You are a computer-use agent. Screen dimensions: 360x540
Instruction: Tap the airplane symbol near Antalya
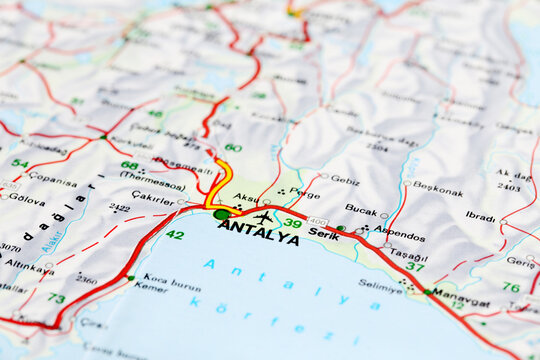[263, 217]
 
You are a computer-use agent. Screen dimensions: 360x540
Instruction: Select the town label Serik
[323, 233]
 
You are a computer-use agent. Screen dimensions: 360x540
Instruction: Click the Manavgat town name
[461, 301]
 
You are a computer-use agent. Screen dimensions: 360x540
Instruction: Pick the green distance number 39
[292, 223]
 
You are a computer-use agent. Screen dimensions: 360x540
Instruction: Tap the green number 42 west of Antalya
[175, 234]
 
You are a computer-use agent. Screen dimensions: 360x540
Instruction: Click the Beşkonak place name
[438, 188]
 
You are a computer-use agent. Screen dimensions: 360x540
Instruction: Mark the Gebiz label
[344, 181]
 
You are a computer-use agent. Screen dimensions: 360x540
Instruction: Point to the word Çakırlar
[152, 198]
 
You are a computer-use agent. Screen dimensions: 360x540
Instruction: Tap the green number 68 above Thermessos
[130, 165]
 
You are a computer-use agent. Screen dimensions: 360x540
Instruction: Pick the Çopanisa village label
[52, 182]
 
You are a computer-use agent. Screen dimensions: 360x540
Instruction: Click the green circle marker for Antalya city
[221, 214]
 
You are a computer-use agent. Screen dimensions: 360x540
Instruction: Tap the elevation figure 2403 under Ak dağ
[508, 186]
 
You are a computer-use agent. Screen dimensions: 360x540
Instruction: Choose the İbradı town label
[480, 216]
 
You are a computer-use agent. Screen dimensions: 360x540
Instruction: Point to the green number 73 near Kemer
[56, 298]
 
